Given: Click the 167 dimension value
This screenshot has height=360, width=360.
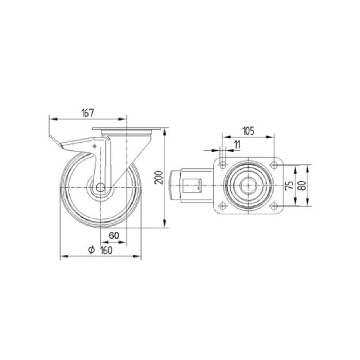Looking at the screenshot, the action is coord(88,113).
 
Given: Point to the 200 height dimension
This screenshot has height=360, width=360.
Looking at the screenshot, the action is coord(159,177).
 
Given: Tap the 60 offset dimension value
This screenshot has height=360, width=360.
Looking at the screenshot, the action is coord(114,235).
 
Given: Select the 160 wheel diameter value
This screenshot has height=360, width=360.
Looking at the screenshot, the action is coord(107,250).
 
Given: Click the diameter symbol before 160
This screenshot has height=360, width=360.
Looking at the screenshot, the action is coord(92,250).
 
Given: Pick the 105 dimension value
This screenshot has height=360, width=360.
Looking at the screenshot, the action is coord(248,131).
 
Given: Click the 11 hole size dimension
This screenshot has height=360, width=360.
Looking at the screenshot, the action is coord(237,145).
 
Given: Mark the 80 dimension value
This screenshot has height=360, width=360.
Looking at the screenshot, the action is coord(302,185).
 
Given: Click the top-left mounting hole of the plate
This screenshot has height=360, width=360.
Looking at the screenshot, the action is coord(222,165).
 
